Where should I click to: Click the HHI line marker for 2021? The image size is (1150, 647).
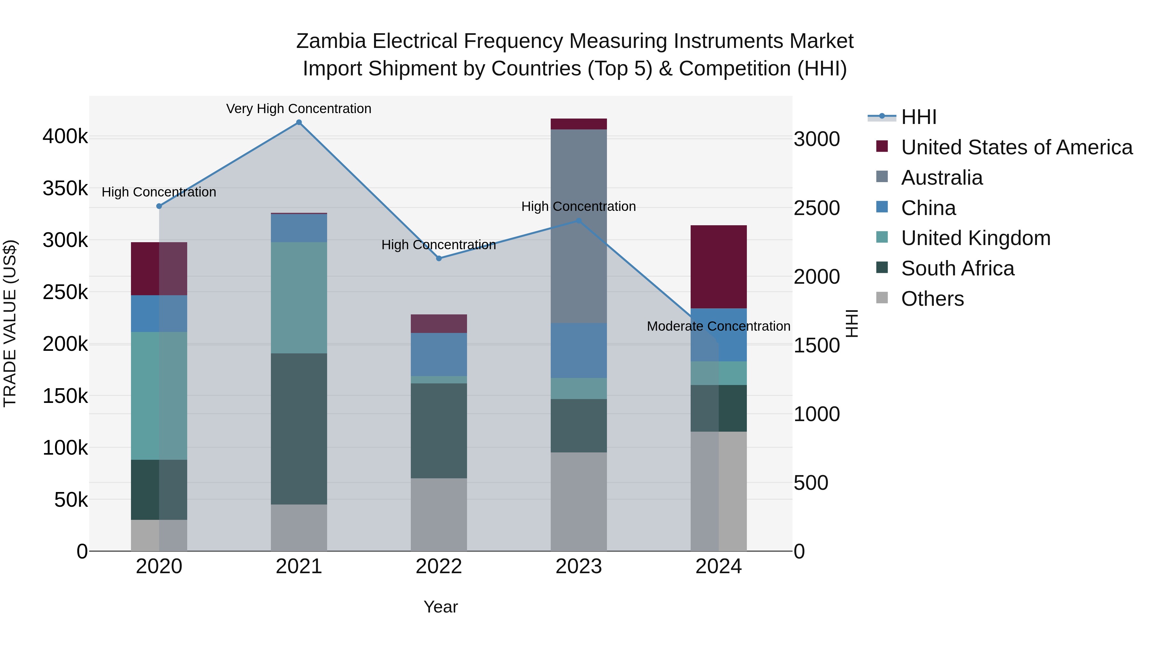coord(299,122)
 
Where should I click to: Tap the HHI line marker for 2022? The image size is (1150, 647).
coord(439,258)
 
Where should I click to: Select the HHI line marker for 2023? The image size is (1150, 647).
coord(579,220)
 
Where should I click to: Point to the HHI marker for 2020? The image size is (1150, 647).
coord(159,206)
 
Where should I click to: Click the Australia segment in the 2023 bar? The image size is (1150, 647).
coord(579,226)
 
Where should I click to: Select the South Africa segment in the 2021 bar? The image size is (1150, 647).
coord(299,429)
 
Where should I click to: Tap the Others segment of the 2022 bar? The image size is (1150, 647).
coord(439,514)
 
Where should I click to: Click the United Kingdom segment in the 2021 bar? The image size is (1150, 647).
coord(299,297)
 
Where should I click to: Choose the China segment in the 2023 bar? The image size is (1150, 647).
coord(579,350)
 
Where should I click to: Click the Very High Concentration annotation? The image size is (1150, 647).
coord(299,109)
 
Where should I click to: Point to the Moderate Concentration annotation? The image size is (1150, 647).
coord(718,327)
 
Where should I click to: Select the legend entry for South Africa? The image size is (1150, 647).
coord(958,268)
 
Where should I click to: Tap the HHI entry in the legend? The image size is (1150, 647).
coord(919,117)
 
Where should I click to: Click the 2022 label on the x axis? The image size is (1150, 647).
coord(439,566)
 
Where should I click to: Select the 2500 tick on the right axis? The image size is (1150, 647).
coord(816,208)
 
